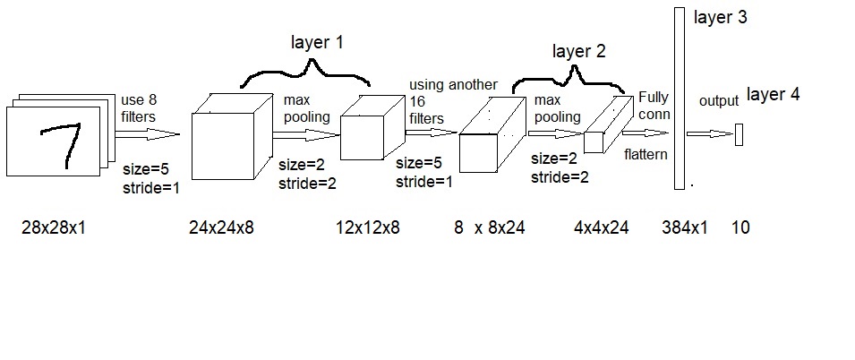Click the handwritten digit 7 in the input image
[63, 143]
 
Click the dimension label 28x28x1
[54, 227]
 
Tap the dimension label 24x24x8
[221, 227]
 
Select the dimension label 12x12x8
[367, 227]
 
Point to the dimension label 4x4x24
[601, 227]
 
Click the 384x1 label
[686, 227]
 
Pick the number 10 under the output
[740, 227]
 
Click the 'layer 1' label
[317, 42]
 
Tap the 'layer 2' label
[578, 51]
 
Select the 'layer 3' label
[720, 17]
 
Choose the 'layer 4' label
[773, 95]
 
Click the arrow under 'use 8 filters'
[148, 135]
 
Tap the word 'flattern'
[646, 154]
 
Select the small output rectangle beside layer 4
[740, 135]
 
